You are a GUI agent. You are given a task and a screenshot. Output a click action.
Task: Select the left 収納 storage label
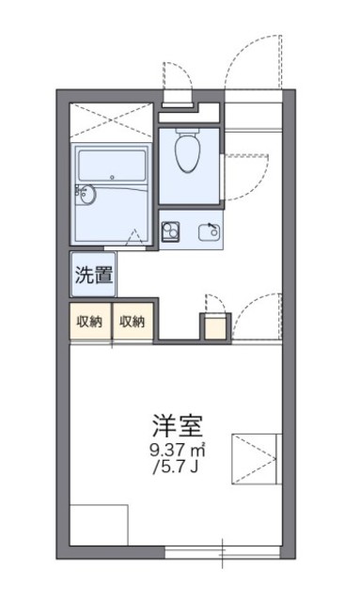point(89,322)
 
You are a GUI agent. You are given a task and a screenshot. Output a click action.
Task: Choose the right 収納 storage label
point(133,322)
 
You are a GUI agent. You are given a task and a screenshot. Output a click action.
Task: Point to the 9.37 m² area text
point(180,451)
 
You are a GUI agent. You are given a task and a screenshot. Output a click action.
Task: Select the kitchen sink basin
point(209,230)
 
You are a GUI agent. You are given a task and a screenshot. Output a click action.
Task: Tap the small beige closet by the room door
point(215,325)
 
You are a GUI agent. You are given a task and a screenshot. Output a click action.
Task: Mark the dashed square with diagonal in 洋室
point(257,458)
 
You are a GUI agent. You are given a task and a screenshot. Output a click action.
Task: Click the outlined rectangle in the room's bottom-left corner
point(98,525)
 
